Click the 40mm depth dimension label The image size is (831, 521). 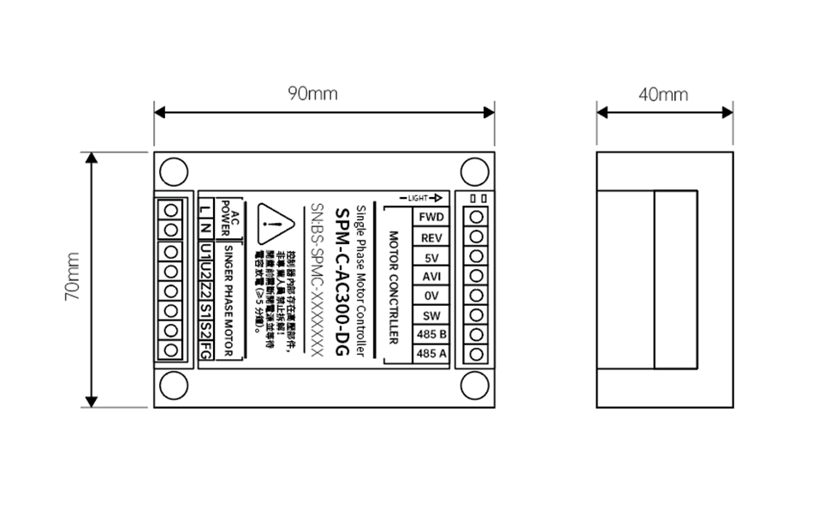pyautogui.click(x=663, y=94)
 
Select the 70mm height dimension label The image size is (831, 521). pyautogui.click(x=73, y=277)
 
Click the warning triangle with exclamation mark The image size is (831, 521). pyautogui.click(x=274, y=225)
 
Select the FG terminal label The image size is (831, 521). pyautogui.click(x=205, y=351)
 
